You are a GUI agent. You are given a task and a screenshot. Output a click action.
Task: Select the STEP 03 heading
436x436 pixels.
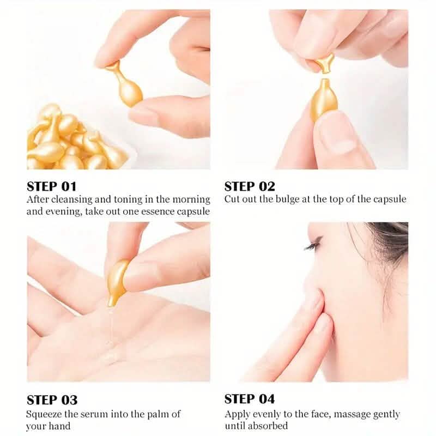tap(52, 401)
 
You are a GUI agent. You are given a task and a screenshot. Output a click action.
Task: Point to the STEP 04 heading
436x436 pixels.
tap(250, 399)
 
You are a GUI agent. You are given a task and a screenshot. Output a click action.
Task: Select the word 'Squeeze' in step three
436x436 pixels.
tap(45, 414)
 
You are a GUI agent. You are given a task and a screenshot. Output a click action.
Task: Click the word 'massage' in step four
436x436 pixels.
tap(352, 414)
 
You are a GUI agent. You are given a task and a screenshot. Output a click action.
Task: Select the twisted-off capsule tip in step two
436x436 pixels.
tap(326, 62)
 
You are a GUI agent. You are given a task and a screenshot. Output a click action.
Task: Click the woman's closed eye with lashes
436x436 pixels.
tap(313, 246)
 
